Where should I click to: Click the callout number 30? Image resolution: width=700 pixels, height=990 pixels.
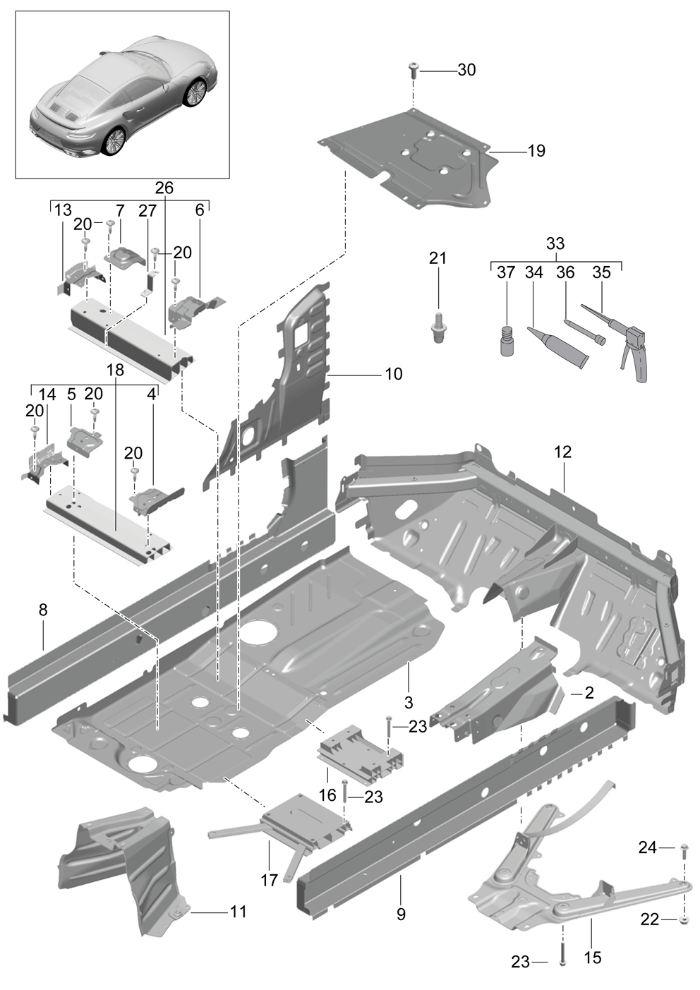(x=466, y=70)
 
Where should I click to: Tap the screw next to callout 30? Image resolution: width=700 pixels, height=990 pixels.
(x=414, y=71)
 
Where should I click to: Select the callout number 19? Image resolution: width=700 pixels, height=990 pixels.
(x=536, y=151)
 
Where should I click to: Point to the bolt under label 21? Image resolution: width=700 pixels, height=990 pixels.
(x=438, y=327)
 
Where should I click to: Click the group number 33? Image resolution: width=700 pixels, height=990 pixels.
(x=555, y=243)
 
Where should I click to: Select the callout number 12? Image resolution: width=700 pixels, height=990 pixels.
(x=562, y=452)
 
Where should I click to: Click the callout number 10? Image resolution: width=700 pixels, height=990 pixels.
(x=394, y=374)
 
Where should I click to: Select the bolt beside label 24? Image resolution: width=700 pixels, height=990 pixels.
(x=684, y=850)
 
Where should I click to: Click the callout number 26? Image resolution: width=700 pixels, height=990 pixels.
(x=164, y=188)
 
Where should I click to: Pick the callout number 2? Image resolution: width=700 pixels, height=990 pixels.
(x=589, y=692)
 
